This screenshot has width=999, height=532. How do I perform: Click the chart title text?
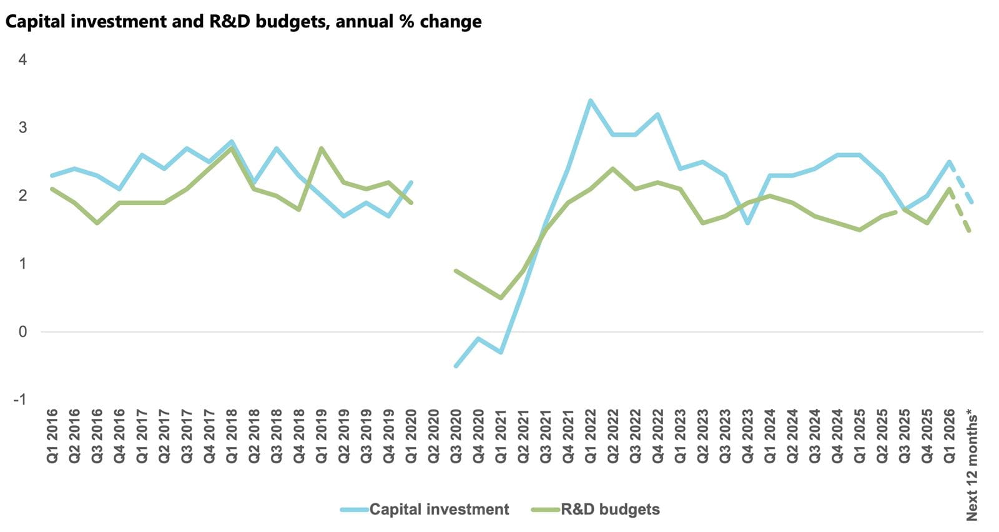[244, 22]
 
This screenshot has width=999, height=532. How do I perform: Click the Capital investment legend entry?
[438, 509]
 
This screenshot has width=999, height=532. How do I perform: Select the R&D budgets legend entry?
[609, 509]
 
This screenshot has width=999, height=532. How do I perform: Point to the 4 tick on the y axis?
[23, 60]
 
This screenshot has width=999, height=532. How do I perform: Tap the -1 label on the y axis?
[21, 399]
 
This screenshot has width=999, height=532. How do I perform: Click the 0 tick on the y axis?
[23, 332]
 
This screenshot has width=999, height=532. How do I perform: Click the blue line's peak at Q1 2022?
[591, 101]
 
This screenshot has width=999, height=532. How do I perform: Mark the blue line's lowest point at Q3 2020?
[456, 366]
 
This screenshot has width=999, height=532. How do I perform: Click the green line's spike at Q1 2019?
[321, 148]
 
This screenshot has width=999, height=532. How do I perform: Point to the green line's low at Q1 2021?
[501, 298]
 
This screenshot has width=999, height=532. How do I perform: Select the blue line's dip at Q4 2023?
[747, 223]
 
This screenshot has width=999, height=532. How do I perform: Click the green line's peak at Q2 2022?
[613, 169]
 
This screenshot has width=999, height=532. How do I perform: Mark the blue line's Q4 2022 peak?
[658, 114]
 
